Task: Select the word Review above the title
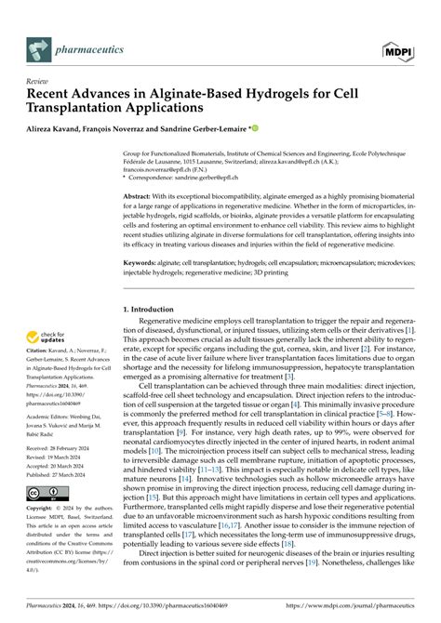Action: [38, 81]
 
